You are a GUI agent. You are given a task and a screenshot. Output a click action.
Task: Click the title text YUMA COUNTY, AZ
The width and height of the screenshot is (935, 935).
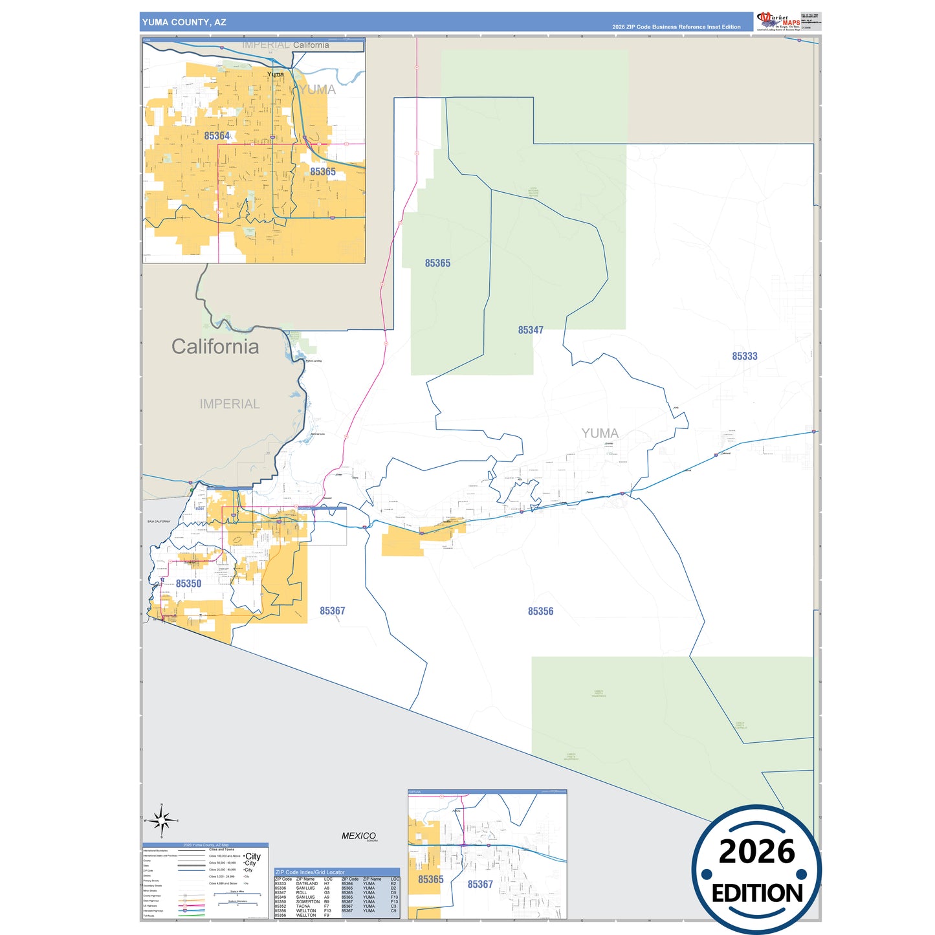184,22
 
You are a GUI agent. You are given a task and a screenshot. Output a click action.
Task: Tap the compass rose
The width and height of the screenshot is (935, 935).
161,820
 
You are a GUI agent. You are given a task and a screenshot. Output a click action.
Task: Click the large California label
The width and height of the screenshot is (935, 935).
215,347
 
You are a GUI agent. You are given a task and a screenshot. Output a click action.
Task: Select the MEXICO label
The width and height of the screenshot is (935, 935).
358,836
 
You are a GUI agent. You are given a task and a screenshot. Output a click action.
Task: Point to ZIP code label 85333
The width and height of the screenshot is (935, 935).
744,357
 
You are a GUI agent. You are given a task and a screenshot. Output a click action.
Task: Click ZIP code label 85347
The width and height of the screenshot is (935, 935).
531,330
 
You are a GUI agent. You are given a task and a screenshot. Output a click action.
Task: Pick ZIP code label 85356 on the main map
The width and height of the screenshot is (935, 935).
540,611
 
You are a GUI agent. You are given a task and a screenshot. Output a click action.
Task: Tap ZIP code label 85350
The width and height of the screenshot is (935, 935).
188,584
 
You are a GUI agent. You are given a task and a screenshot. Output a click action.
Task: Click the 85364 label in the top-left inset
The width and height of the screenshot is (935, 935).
217,136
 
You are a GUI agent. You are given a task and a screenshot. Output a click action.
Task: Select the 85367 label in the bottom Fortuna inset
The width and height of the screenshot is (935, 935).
480,885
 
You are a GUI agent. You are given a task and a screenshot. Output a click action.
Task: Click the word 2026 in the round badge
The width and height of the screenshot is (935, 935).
756,852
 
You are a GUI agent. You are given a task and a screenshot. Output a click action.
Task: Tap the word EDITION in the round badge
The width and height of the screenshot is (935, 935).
757,894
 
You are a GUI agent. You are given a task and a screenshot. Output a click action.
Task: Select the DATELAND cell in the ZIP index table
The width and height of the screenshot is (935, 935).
307,884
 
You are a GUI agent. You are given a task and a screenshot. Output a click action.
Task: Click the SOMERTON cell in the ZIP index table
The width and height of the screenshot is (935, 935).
308,902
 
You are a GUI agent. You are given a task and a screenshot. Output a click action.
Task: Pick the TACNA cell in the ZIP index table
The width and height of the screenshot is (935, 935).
303,907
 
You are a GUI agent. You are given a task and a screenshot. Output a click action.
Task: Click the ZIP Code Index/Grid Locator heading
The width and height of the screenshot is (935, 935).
310,872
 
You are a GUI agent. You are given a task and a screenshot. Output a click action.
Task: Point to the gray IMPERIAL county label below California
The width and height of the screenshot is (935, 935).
230,404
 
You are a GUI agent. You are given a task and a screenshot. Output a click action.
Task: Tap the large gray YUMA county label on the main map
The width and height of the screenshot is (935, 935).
599,434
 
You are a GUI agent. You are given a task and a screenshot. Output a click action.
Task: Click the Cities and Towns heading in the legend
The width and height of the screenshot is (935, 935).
221,850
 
